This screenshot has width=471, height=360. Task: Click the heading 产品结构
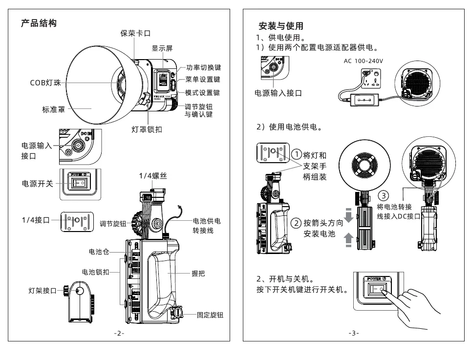click(39, 23)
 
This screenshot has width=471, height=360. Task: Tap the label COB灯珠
click(45, 83)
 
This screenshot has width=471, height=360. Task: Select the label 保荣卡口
click(135, 33)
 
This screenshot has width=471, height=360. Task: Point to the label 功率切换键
click(204, 67)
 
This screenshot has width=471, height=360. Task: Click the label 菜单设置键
click(203, 80)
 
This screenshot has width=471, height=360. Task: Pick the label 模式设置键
click(203, 93)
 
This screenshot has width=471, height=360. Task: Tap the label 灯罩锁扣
click(147, 129)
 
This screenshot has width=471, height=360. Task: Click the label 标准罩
click(53, 109)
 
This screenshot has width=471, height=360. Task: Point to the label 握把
click(198, 274)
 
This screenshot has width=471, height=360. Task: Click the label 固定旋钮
click(210, 316)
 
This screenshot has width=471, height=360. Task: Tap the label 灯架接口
click(43, 291)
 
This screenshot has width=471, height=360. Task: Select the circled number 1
click(296, 155)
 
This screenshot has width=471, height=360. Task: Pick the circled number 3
click(384, 196)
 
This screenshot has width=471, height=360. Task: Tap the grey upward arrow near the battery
click(349, 240)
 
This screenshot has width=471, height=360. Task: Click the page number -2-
click(119, 333)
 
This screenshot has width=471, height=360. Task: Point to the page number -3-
click(354, 333)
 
